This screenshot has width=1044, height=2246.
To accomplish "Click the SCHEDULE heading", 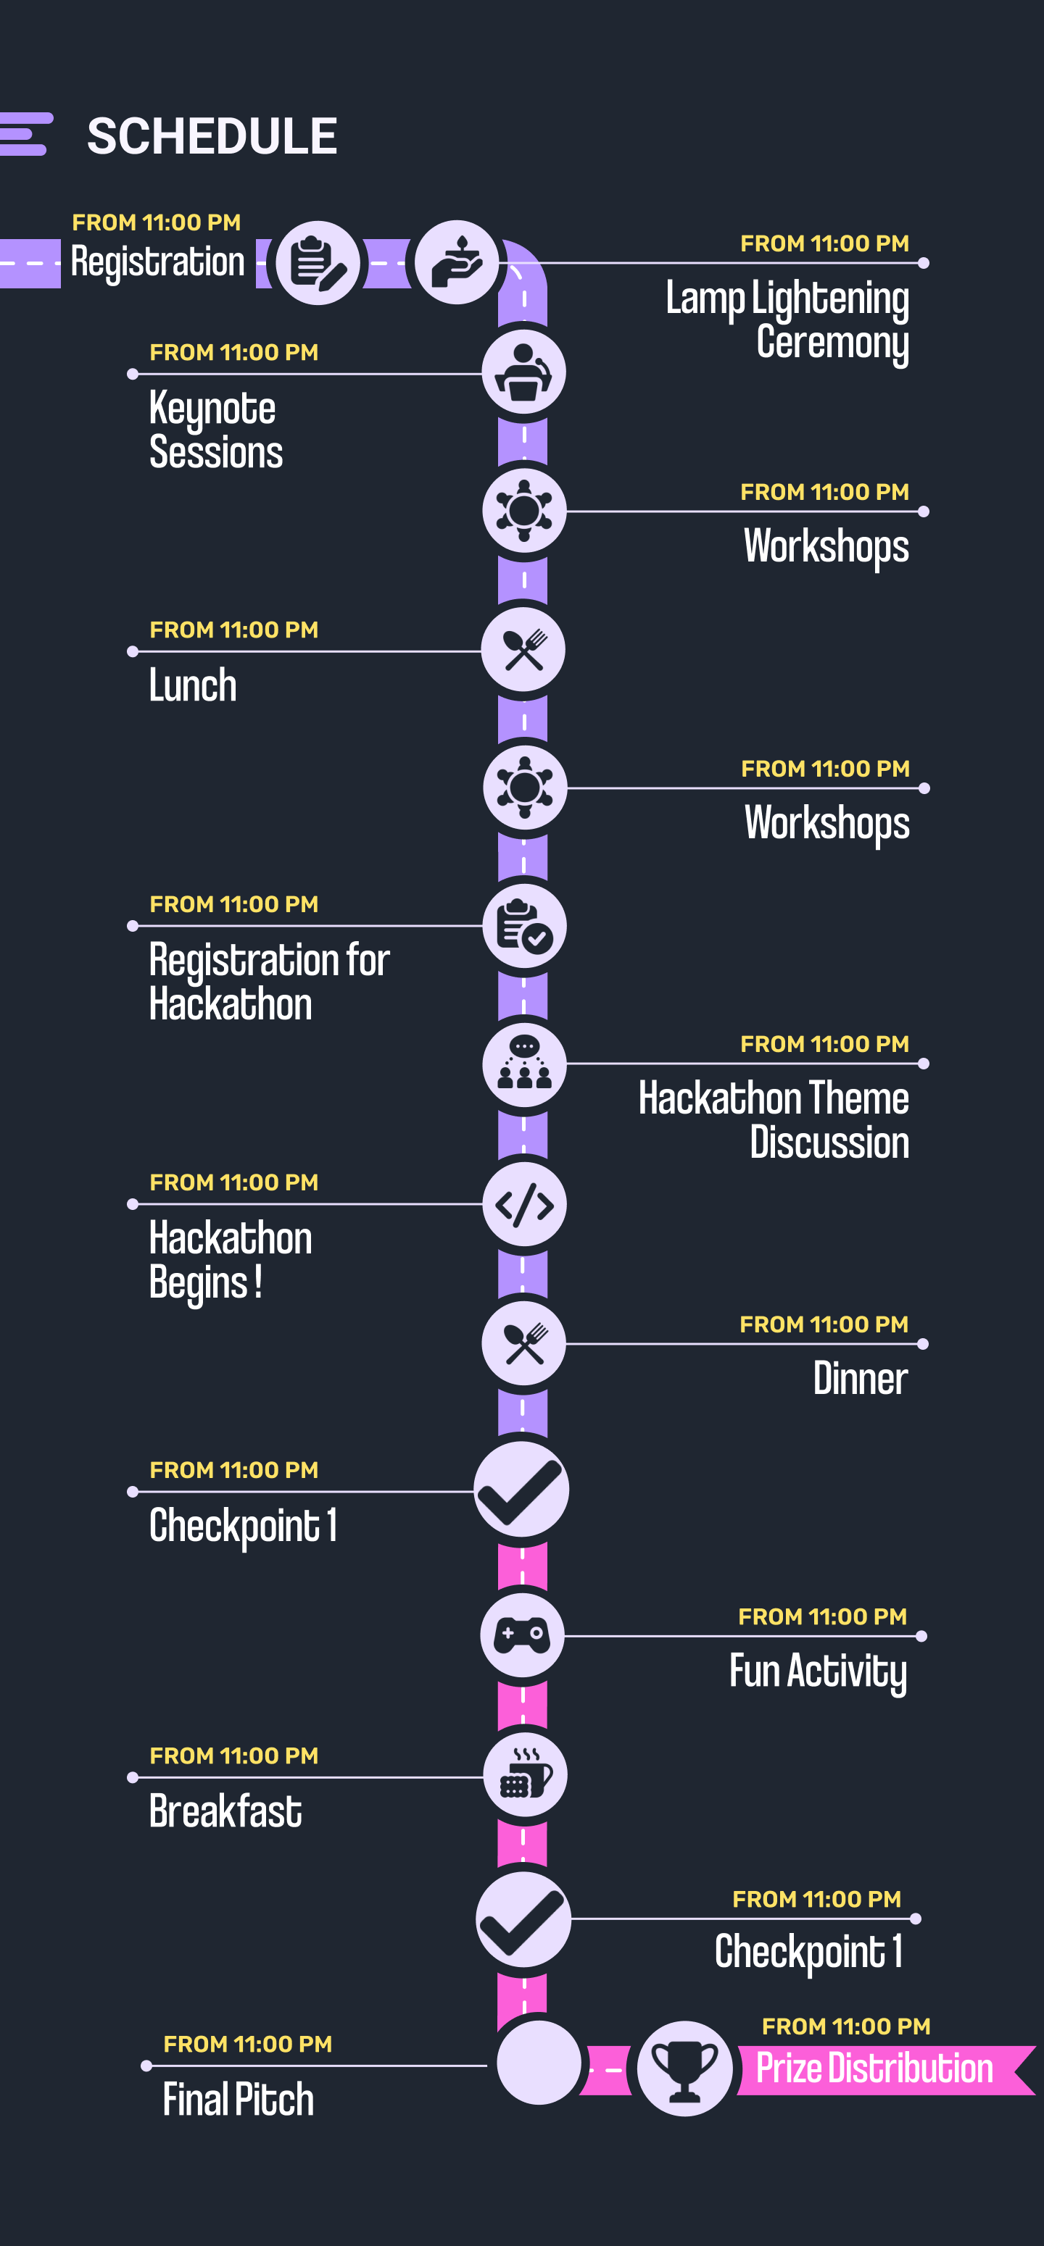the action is click(x=212, y=136).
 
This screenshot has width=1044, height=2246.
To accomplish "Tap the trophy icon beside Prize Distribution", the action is click(x=684, y=2068).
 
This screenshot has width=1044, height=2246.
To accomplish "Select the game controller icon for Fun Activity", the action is click(x=523, y=1635).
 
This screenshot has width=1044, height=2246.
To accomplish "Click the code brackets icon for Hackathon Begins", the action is click(x=524, y=1206).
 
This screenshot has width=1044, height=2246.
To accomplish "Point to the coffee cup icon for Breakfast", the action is click(x=525, y=1774).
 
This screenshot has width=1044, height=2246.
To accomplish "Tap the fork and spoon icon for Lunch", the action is click(x=523, y=650).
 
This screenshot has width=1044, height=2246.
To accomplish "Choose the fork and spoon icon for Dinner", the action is click(x=524, y=1343).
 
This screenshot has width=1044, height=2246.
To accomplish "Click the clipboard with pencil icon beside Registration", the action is click(x=318, y=262).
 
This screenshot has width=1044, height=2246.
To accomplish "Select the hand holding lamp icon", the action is click(x=457, y=262).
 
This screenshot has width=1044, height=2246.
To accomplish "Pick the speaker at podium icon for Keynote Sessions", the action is click(x=524, y=372).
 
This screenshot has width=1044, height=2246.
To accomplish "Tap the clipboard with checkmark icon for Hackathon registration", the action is click(x=524, y=926).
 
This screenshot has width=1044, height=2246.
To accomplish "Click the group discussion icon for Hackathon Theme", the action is click(x=524, y=1064).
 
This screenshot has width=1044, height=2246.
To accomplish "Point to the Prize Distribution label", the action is click(x=874, y=2068).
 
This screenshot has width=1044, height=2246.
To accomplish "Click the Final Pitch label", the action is click(x=238, y=2099).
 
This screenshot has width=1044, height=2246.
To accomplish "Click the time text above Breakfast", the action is click(x=233, y=1755).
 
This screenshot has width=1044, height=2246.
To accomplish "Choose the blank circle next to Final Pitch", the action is click(x=539, y=2062).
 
